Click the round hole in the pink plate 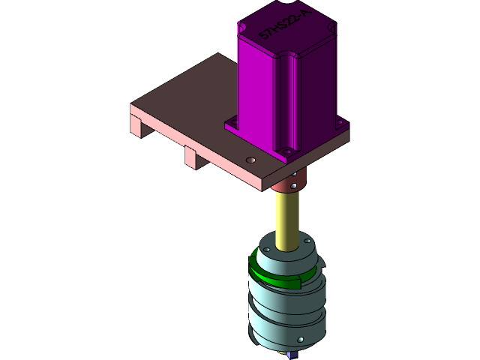point(250,160)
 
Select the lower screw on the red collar point(294,185)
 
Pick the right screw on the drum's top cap point(306,241)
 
